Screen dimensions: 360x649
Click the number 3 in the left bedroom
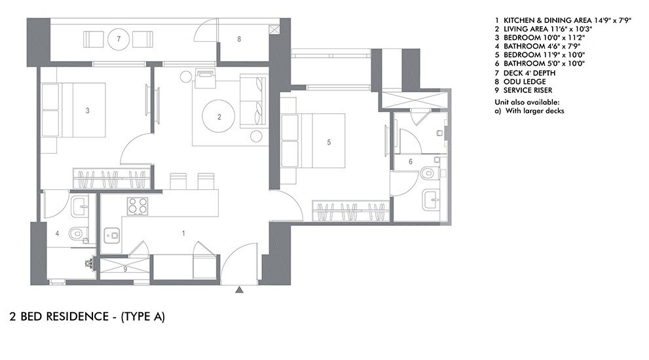pos(88,111)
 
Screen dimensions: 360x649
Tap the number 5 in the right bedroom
pos(329,141)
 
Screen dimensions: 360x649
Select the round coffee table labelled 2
pos(219,118)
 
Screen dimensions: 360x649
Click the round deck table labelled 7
pos(119,39)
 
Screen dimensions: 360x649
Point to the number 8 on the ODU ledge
pos(239,39)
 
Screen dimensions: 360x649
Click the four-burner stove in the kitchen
pos(136,206)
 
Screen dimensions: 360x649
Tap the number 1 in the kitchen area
pos(183,233)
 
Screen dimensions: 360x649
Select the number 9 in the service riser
pos(125,268)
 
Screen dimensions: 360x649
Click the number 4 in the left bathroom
pos(57,233)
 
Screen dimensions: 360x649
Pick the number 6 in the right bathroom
pos(411,161)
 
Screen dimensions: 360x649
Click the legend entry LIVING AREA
pos(544,29)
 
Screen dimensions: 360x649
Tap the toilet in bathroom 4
pos(77,233)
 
